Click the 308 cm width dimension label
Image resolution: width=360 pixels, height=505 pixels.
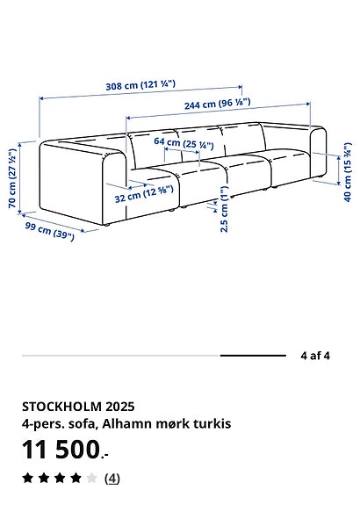tap(140, 85)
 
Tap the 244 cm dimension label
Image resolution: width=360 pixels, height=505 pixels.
tap(218, 104)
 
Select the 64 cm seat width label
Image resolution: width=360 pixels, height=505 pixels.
tap(184, 143)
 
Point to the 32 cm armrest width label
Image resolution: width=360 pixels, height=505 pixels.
tap(144, 194)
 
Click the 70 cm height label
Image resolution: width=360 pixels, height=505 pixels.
tap(12, 177)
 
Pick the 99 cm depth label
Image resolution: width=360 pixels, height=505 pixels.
tap(49, 231)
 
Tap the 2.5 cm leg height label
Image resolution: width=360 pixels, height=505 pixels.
tap(224, 209)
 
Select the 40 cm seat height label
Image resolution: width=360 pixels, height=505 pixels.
tap(348, 171)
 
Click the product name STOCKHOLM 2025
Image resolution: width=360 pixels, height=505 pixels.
tap(78, 407)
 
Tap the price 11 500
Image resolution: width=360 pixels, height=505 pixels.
tap(65, 450)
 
